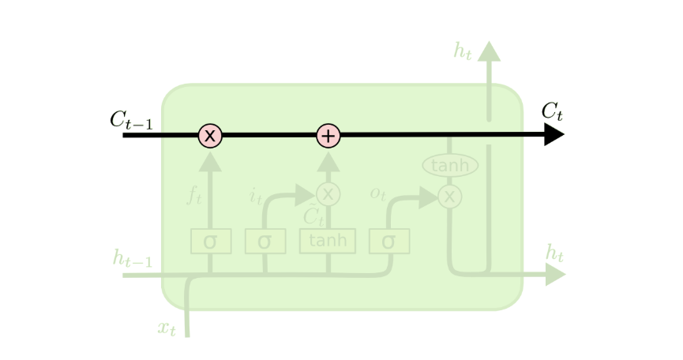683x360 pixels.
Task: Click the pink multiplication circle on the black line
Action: pos(210,135)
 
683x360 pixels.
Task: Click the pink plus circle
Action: pos(328,135)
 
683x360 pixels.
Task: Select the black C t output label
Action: pos(552,111)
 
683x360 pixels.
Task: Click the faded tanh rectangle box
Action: pos(328,241)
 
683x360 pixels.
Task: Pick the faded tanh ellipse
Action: pos(450,166)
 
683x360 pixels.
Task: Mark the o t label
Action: pos(379,193)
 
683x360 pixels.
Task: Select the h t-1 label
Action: pos(132,257)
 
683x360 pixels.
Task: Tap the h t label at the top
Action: pos(463,52)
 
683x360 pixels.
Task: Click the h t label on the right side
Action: pos(555,253)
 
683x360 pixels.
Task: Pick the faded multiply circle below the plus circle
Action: pos(328,193)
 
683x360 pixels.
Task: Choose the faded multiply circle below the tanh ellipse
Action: pos(450,196)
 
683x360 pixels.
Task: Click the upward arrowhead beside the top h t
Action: pos(489,51)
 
